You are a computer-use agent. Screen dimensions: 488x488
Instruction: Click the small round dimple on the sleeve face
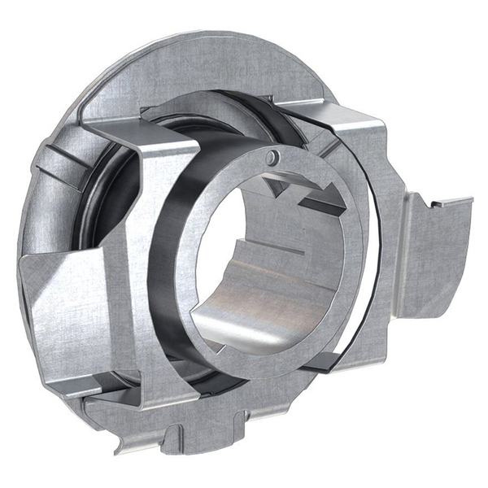pyautogui.click(x=274, y=155)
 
